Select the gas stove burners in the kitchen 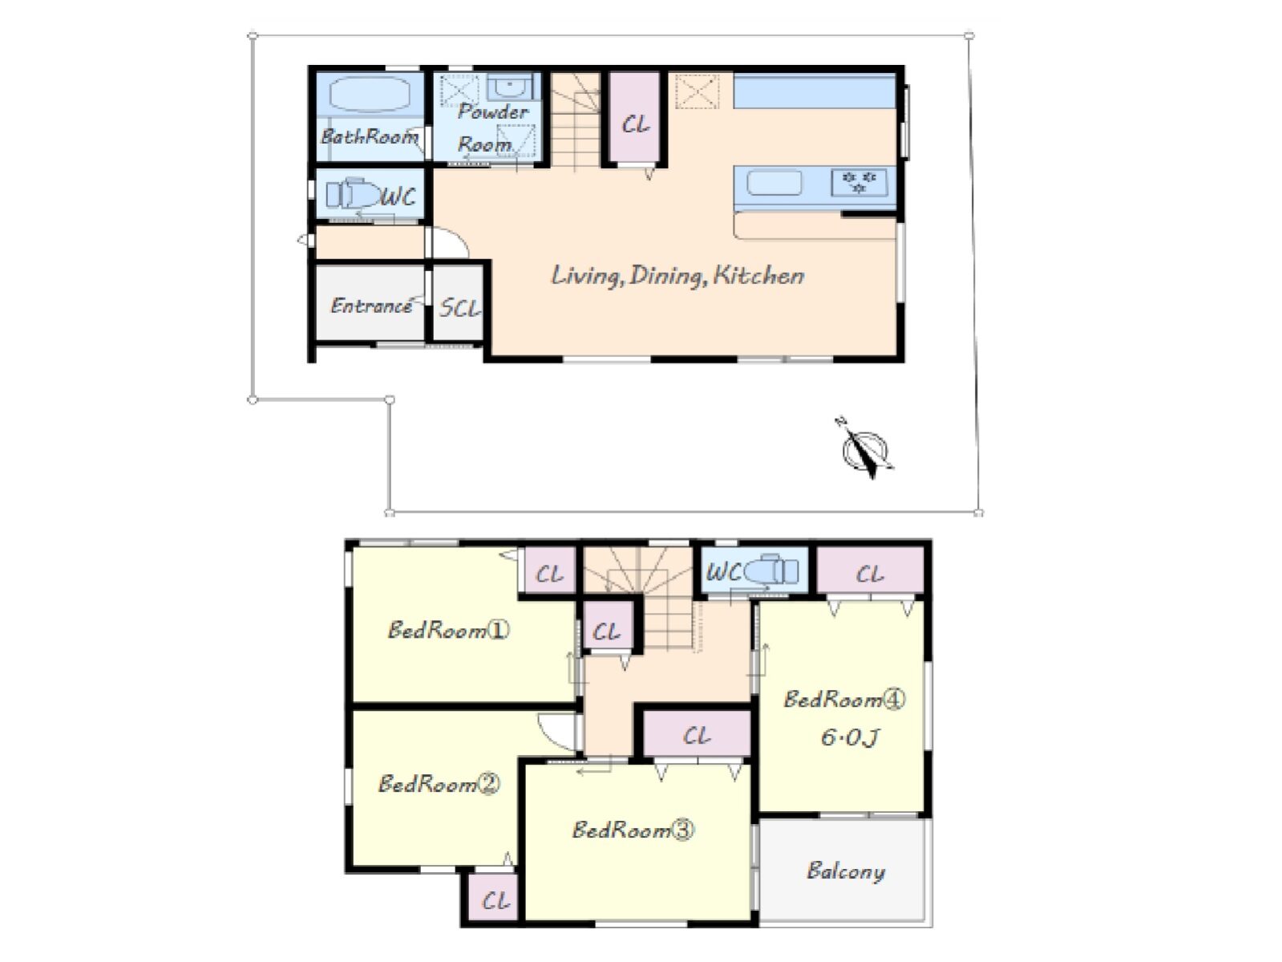(x=859, y=182)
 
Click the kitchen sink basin (x=774, y=182)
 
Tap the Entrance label (x=371, y=306)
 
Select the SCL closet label (x=459, y=308)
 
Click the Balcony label (x=845, y=871)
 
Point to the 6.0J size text (x=850, y=737)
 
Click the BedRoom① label (x=448, y=630)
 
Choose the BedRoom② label (x=439, y=784)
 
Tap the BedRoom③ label (x=633, y=830)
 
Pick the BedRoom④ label (x=844, y=699)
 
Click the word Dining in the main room (x=665, y=276)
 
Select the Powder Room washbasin (x=510, y=87)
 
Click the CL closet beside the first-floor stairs (x=636, y=117)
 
